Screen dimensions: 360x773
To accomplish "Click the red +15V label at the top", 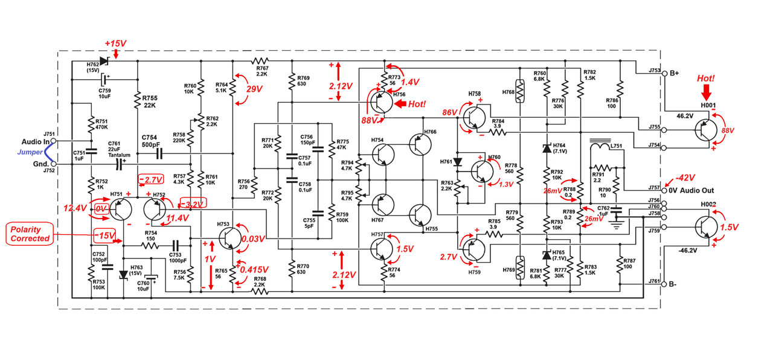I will (115, 44).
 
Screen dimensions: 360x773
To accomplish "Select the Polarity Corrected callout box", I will (30, 234).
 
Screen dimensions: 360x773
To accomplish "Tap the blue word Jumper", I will (30, 152).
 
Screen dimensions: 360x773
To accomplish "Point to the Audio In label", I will (35, 142).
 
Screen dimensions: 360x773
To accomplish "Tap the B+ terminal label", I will (675, 73).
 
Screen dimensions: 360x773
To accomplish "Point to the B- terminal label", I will (675, 284).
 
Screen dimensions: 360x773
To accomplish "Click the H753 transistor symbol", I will (229, 238).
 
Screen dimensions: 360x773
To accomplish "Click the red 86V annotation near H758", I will (449, 113).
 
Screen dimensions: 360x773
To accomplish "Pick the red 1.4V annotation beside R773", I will (409, 82).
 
